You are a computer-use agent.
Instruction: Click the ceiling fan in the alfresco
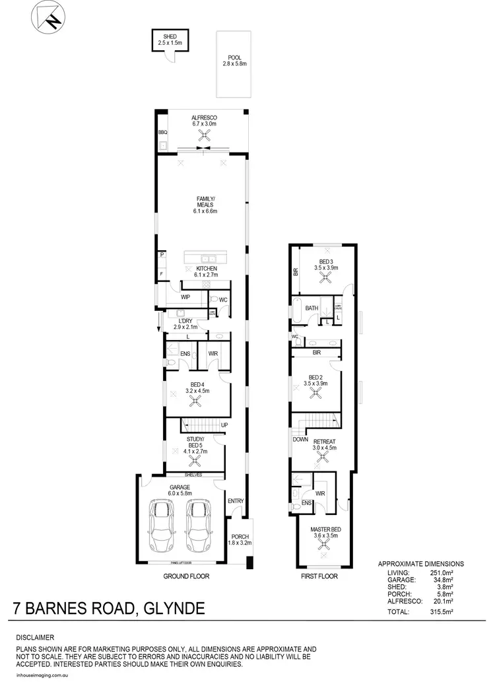coord(204,135)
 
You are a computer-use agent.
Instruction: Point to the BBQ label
coord(162,133)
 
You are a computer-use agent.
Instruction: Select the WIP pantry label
coord(177,298)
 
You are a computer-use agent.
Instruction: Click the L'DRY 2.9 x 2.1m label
coord(186,323)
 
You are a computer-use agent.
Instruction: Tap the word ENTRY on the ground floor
coord(236,502)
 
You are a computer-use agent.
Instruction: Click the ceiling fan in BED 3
coord(325,277)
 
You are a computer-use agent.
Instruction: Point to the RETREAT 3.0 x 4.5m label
coord(324,444)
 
